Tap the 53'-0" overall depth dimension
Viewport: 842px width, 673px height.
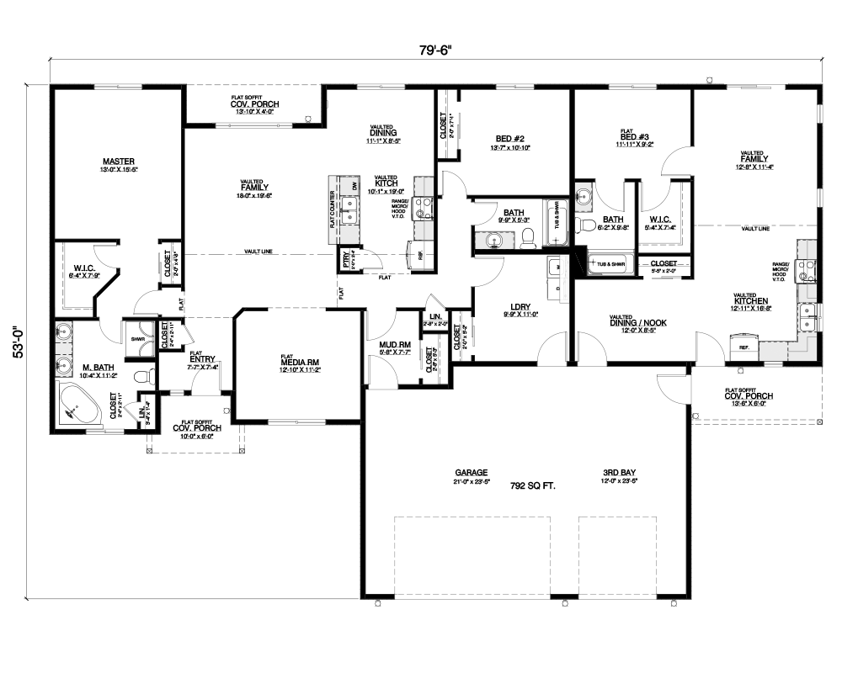click(19, 342)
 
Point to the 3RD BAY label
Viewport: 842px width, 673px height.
click(618, 472)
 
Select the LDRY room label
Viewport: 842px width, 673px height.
click(520, 307)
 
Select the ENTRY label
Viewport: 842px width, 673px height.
click(203, 359)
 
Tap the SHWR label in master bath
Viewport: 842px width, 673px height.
click(137, 339)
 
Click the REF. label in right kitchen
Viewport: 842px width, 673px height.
click(744, 347)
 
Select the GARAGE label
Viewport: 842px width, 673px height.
click(472, 472)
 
